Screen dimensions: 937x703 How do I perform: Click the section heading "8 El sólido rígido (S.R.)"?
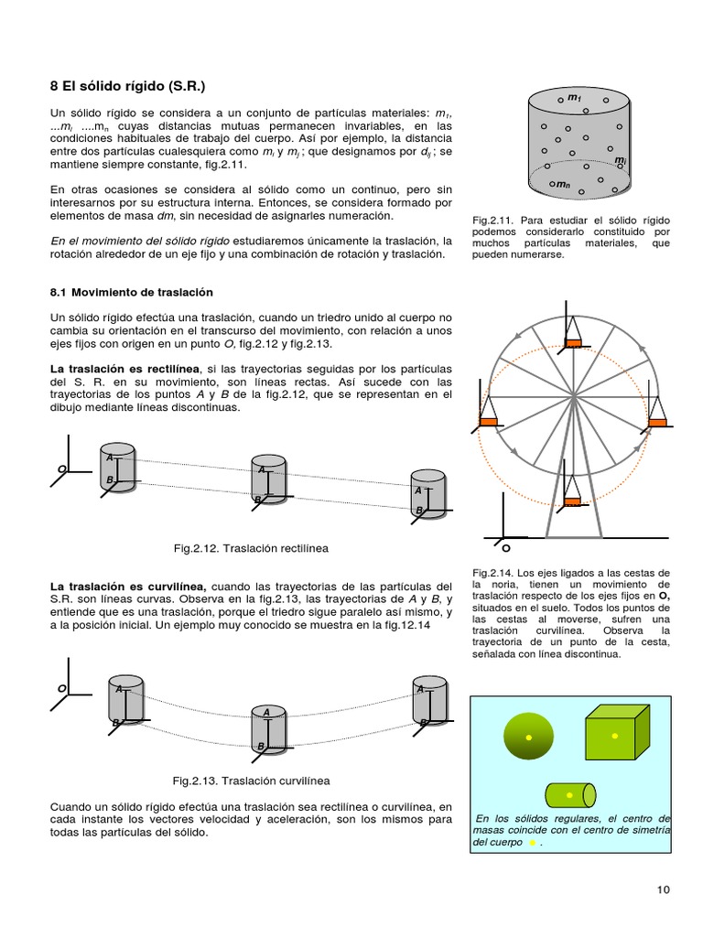tap(127, 87)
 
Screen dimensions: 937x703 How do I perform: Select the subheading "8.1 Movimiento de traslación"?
tap(131, 292)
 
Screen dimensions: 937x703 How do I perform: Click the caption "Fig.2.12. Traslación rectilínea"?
tap(251, 548)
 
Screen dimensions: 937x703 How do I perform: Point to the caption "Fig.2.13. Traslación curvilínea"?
tap(251, 781)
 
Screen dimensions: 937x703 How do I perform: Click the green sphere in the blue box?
tap(528, 737)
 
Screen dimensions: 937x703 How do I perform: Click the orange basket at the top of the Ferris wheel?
tap(573, 343)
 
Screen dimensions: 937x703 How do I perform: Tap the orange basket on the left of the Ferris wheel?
tap(488, 422)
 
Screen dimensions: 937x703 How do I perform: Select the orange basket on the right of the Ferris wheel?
tap(657, 421)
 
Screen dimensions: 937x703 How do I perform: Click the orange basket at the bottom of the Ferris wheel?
tap(573, 501)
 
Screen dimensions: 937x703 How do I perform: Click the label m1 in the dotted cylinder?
tap(574, 97)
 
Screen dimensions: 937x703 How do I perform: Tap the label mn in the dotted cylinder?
tap(562, 184)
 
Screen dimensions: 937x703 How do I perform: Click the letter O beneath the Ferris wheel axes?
tap(505, 549)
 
